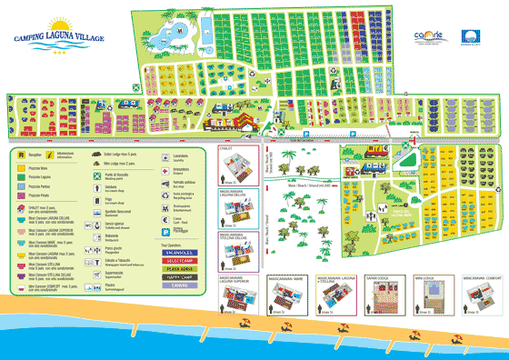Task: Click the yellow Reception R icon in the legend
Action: click(21, 155)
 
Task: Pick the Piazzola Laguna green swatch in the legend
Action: click(21, 175)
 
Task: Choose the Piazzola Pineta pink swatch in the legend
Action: click(21, 195)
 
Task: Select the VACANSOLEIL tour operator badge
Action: click(178, 252)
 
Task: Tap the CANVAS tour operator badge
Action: click(178, 286)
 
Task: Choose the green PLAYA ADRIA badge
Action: click(178, 269)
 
